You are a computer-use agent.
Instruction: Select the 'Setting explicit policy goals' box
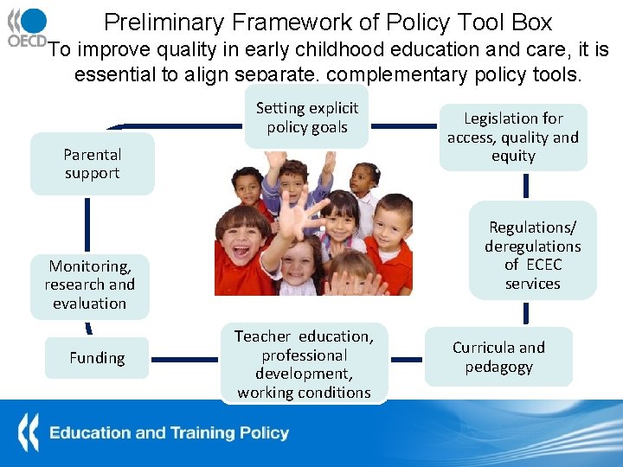point(306,118)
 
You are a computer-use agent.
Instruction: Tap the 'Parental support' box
point(92,163)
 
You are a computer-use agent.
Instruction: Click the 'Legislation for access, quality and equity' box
point(513,137)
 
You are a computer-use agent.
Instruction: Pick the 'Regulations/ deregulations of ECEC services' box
point(532,255)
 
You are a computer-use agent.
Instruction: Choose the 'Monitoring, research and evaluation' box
point(90,285)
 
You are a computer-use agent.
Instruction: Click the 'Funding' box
point(97,358)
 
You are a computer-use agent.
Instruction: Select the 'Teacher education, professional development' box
point(304,364)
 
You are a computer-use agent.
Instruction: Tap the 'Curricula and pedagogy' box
point(498,357)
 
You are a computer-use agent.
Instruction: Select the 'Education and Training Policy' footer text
point(169,432)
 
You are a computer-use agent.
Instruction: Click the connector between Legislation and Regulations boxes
point(525,186)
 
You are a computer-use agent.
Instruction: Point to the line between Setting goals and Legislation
point(403,126)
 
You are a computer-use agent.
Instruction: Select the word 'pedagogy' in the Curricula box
point(498,367)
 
